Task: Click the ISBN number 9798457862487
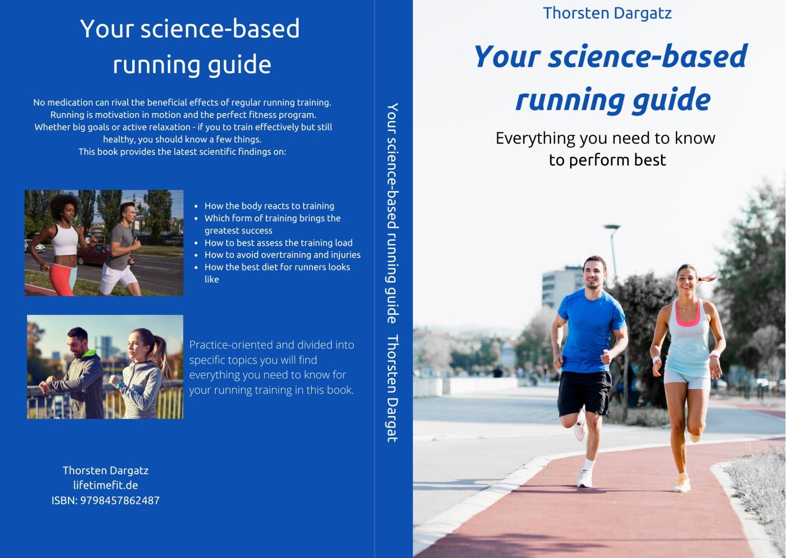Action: [x=120, y=500]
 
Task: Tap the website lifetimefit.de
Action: [x=105, y=485]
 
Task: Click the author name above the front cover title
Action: [x=607, y=13]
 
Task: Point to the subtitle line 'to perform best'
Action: [x=607, y=160]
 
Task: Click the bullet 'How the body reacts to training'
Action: [x=269, y=206]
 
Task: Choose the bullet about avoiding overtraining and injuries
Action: [x=282, y=255]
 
